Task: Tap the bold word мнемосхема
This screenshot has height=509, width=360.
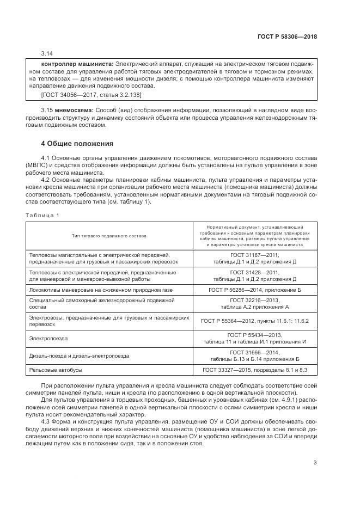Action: tap(75, 111)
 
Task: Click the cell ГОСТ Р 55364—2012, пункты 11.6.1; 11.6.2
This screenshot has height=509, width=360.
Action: tap(254, 321)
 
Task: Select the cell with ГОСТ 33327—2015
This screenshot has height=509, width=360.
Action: tap(254, 370)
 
